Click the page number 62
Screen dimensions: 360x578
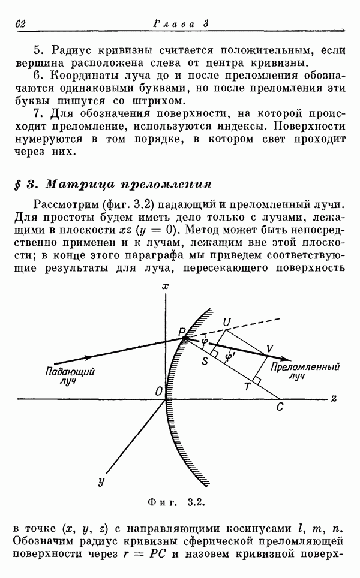(20, 24)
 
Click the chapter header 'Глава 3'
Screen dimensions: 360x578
(181, 24)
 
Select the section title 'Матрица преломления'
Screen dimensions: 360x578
(128, 184)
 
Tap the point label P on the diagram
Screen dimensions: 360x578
(181, 332)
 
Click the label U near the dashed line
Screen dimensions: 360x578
(226, 322)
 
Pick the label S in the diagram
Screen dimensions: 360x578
(205, 361)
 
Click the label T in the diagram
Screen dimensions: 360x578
(247, 386)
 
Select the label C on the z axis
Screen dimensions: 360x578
(280, 407)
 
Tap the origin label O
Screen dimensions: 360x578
(159, 392)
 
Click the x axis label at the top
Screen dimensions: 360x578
(165, 285)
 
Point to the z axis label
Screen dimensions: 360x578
(334, 398)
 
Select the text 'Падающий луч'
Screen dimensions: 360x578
(70, 375)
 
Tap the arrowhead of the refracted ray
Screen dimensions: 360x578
(286, 359)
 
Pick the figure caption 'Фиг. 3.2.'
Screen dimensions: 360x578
(176, 502)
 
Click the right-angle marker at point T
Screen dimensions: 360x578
(257, 381)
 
